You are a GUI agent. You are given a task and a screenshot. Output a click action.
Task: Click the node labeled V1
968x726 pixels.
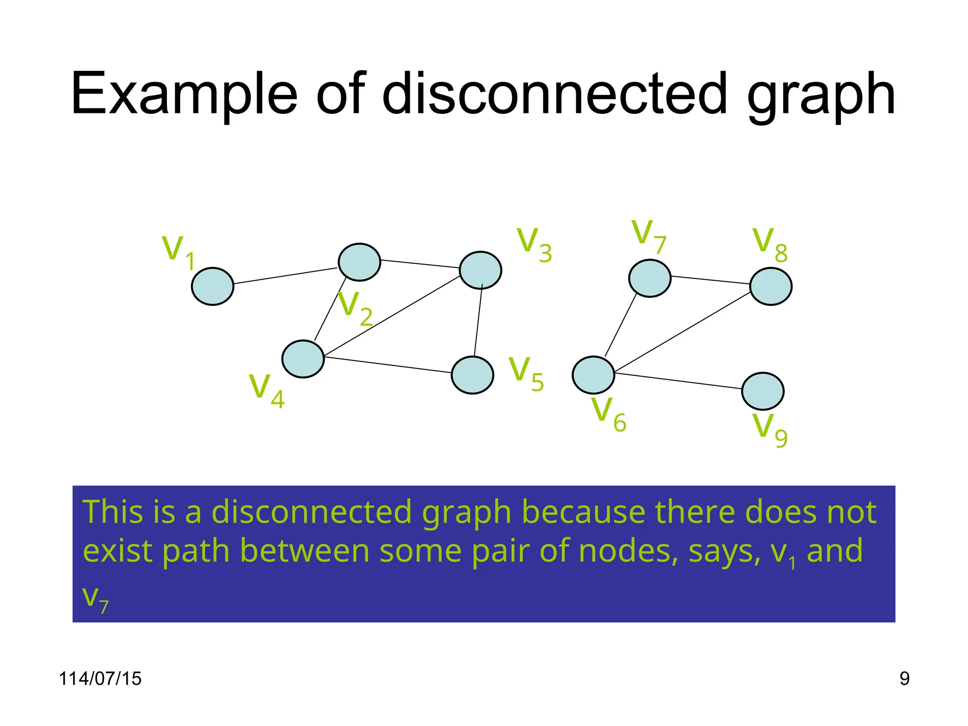(x=212, y=286)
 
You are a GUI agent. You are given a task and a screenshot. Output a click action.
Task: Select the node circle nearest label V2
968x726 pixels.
(x=359, y=262)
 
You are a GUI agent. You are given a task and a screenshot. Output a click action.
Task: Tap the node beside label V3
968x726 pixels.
(x=480, y=270)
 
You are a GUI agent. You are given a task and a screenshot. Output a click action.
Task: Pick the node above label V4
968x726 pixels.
(x=302, y=359)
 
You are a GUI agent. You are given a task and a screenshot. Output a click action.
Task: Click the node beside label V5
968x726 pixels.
(x=472, y=375)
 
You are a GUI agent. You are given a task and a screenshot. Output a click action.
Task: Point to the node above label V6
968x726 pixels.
(x=593, y=375)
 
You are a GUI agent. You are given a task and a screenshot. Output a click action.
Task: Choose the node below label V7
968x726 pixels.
(x=649, y=278)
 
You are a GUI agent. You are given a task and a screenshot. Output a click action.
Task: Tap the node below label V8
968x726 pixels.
(x=770, y=286)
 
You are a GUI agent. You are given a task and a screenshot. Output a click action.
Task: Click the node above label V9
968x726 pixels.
(x=762, y=391)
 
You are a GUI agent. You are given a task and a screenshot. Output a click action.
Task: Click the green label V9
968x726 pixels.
(x=769, y=429)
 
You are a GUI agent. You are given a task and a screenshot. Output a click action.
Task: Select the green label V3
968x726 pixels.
(x=534, y=244)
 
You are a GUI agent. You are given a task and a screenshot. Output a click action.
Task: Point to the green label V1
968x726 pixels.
(x=179, y=252)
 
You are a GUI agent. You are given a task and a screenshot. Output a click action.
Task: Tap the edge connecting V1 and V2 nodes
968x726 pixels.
(x=285, y=276)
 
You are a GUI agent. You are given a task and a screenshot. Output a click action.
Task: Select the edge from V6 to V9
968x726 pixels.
(x=678, y=381)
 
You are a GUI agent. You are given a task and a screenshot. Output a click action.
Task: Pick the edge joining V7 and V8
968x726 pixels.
(x=710, y=280)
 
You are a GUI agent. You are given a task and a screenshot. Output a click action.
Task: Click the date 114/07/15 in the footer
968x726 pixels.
(x=100, y=678)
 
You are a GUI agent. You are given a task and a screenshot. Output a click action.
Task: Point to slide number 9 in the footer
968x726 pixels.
(x=904, y=678)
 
